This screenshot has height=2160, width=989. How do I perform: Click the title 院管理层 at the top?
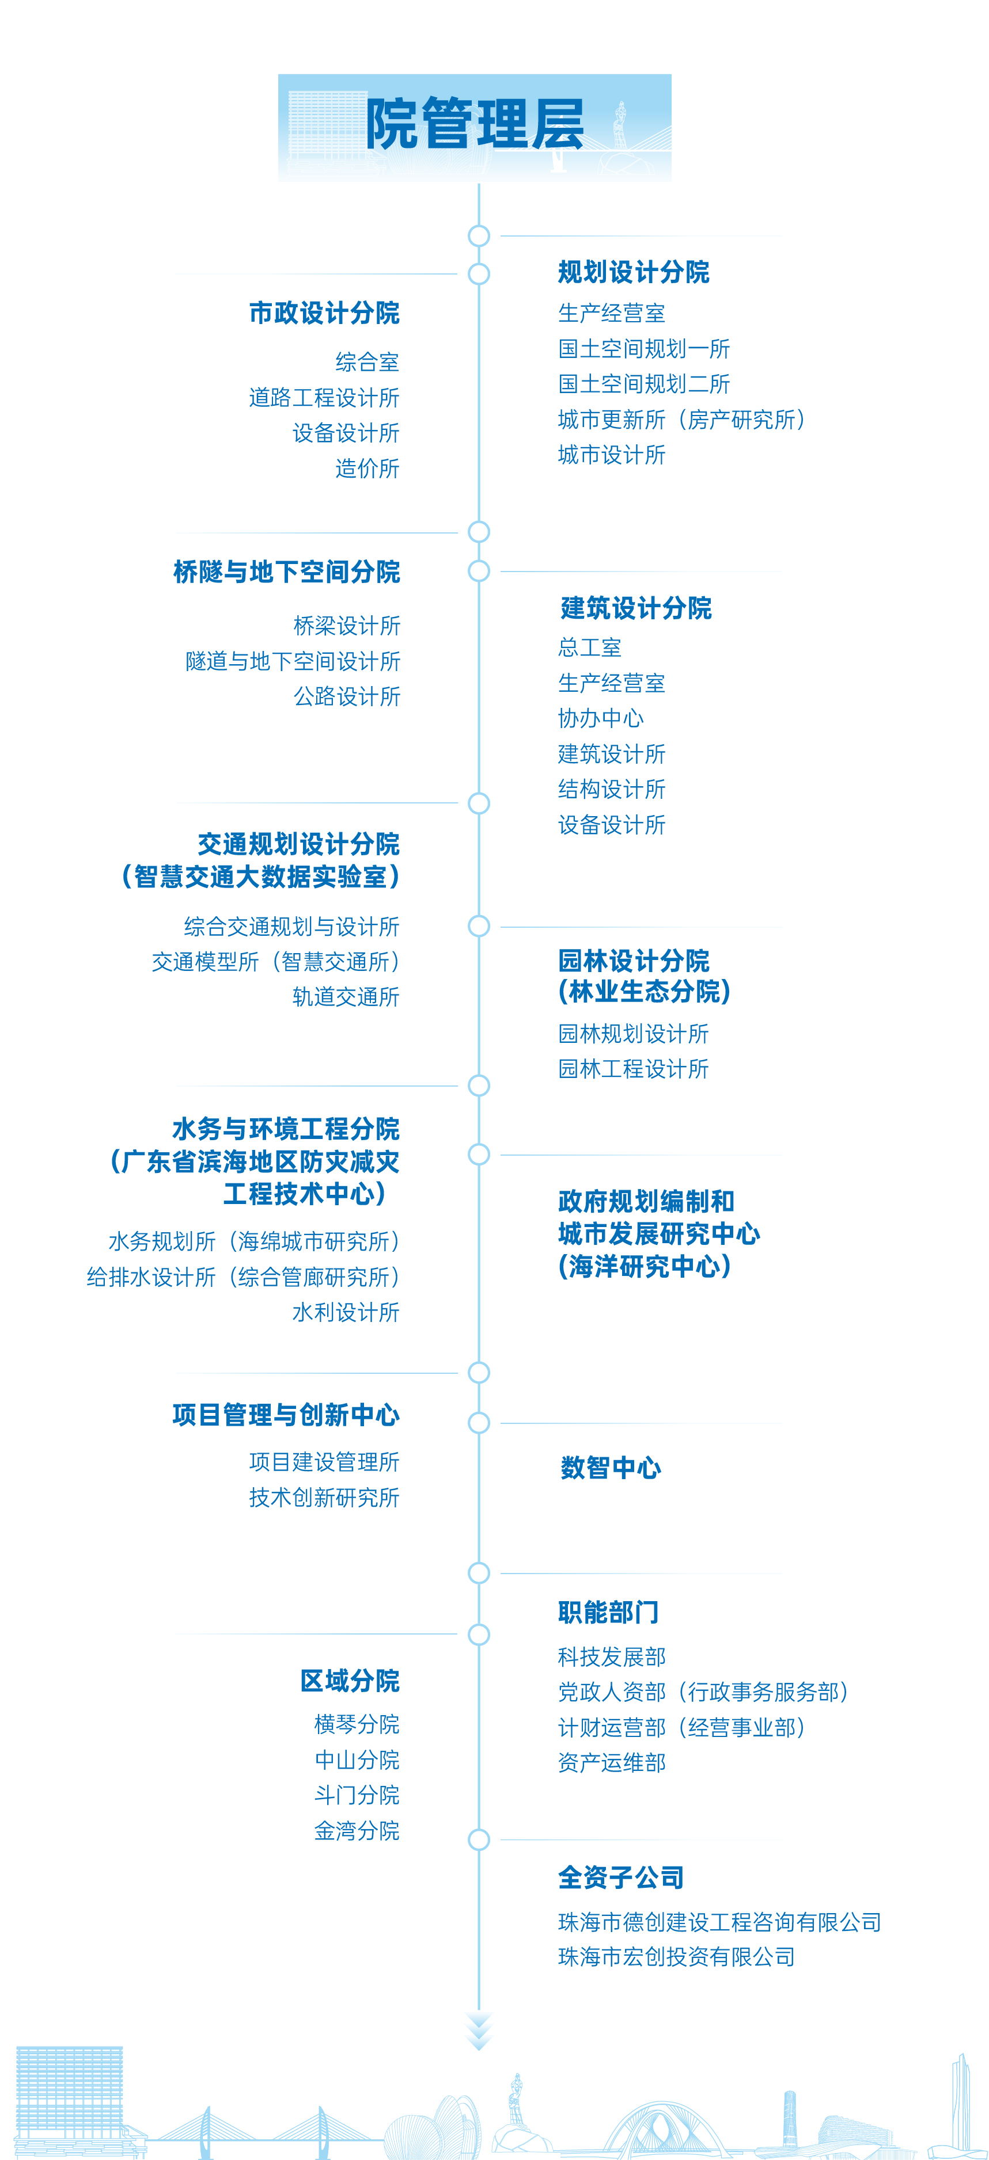(x=475, y=124)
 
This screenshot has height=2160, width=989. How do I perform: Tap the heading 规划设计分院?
(x=634, y=272)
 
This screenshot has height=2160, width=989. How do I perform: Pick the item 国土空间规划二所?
(x=643, y=384)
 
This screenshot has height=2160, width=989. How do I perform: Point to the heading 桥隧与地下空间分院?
(x=286, y=572)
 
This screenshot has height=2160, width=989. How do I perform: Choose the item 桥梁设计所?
(x=346, y=626)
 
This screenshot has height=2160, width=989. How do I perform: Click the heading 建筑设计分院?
(x=636, y=608)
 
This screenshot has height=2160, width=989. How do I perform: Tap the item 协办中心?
(x=601, y=719)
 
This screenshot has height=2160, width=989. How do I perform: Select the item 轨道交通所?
(x=346, y=997)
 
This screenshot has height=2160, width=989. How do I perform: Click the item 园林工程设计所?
(x=634, y=1069)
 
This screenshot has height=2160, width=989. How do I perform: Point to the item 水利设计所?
(x=346, y=1312)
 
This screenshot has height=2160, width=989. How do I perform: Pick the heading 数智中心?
(x=611, y=1468)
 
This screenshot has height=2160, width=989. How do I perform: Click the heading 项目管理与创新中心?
(x=286, y=1415)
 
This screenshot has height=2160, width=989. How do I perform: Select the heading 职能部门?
(x=608, y=1613)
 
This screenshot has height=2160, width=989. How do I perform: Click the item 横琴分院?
(x=357, y=1725)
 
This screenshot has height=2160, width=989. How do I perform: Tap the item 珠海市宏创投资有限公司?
(x=676, y=1957)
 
